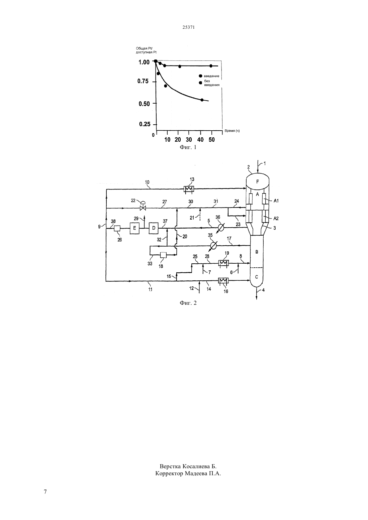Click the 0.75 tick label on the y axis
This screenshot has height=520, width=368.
[143, 81]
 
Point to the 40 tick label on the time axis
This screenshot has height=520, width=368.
[200, 139]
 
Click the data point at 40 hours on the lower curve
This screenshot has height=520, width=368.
[202, 100]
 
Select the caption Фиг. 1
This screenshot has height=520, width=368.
[188, 147]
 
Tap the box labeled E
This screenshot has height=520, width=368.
[134, 228]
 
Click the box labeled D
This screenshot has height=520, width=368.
[154, 228]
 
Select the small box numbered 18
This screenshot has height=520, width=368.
[163, 255]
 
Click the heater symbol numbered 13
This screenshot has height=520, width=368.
[189, 189]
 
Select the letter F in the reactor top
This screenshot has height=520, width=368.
[257, 182]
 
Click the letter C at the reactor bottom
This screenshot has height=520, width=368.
[257, 277]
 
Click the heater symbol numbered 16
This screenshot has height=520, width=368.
[223, 281]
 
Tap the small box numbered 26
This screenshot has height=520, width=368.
[117, 229]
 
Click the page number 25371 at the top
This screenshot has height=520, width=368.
[188, 27]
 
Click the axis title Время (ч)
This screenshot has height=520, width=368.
[232, 131]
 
